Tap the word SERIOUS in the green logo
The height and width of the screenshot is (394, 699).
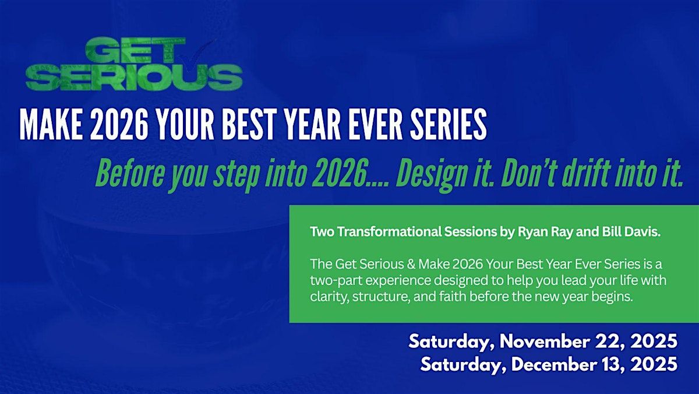tap(134, 78)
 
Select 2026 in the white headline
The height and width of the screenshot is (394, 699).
tap(119, 125)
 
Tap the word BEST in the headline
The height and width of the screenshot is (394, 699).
tap(248, 125)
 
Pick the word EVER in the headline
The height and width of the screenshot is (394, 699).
tap(376, 125)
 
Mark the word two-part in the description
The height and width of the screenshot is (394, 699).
tap(336, 281)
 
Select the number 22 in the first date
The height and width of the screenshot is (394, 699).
tap(610, 342)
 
